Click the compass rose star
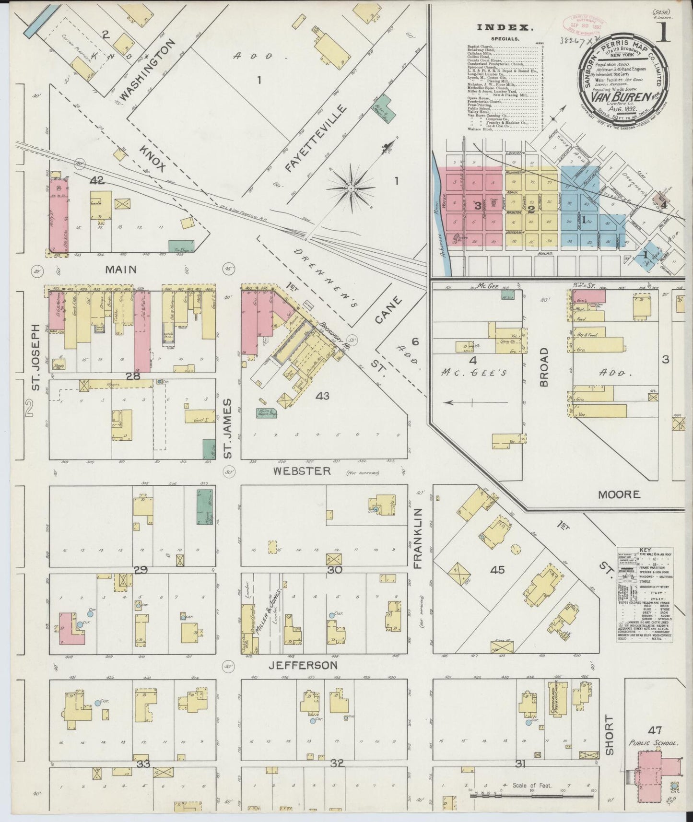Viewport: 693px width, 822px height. pyautogui.click(x=352, y=188)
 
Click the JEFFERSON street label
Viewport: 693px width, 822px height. pyautogui.click(x=303, y=665)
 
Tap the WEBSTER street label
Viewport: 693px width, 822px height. pyautogui.click(x=302, y=471)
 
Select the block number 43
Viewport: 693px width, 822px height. pyautogui.click(x=322, y=396)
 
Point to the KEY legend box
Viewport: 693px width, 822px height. pyautogui.click(x=644, y=595)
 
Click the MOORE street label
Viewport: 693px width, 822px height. pyautogui.click(x=619, y=494)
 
